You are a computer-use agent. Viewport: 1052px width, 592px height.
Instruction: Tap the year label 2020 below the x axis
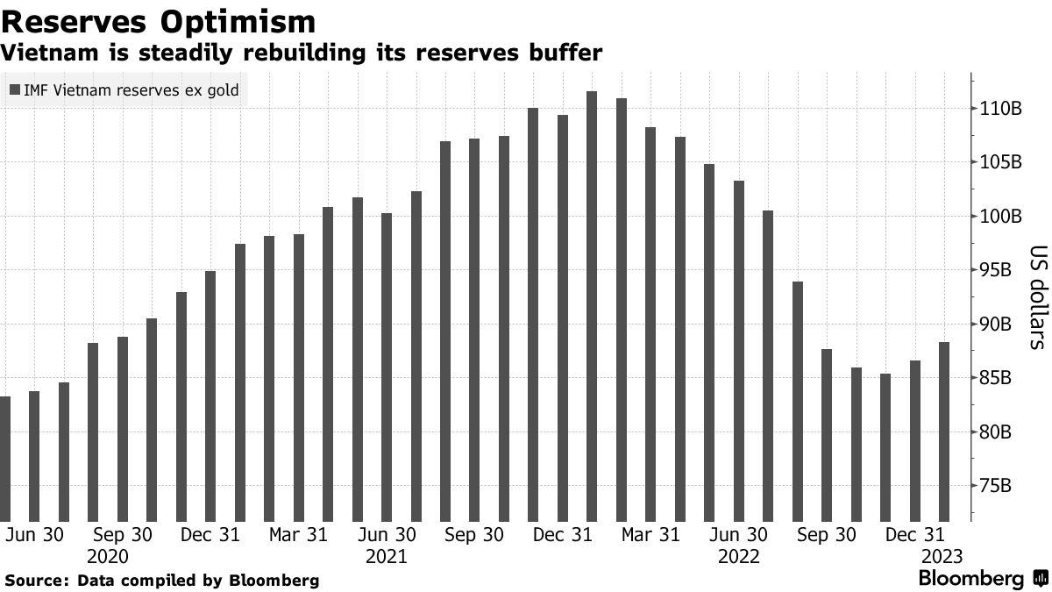[x=108, y=557]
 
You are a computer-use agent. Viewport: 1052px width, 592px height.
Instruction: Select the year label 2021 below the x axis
[x=386, y=557]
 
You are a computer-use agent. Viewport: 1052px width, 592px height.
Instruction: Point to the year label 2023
[x=942, y=557]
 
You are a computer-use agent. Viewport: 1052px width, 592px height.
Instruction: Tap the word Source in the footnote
[x=36, y=581]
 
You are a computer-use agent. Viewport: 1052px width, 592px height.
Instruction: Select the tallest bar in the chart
[x=592, y=307]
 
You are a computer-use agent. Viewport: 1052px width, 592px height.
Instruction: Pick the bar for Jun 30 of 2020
[x=34, y=456]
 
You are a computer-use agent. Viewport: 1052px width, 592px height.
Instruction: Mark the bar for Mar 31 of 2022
[x=650, y=325]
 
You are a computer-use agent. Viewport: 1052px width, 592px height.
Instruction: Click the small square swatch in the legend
[x=15, y=89]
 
